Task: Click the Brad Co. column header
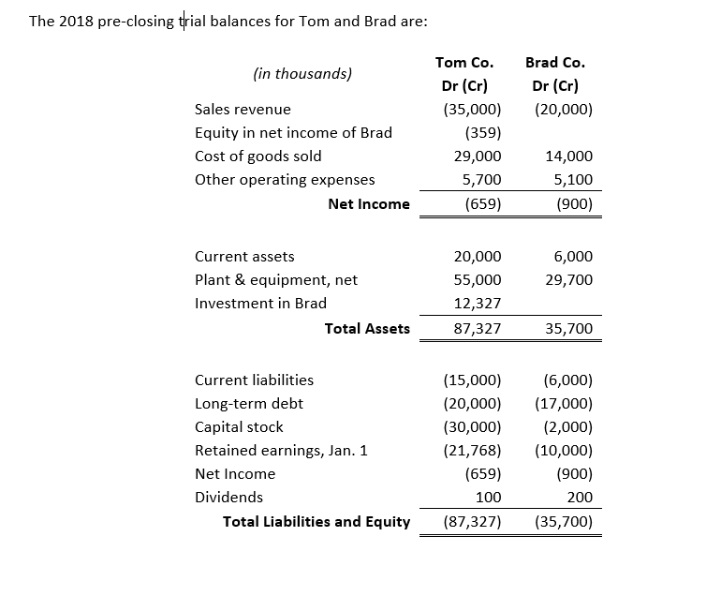coord(555,63)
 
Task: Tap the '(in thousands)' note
coord(302,73)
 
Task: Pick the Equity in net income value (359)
coord(482,132)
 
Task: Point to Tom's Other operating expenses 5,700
coord(482,179)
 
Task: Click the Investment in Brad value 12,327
coord(478,303)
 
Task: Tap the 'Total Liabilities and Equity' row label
coord(316,521)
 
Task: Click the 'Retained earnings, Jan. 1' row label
coord(281,450)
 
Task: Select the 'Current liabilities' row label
coord(254,380)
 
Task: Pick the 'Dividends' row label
coord(228,497)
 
